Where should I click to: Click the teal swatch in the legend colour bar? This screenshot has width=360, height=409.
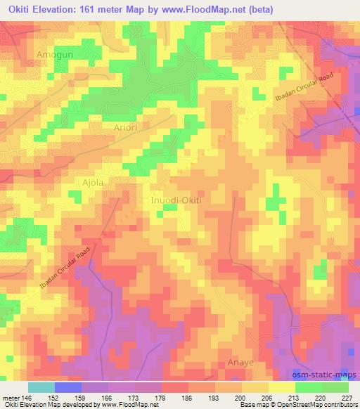click(x=41, y=387)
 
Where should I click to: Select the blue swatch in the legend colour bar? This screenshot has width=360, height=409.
click(x=68, y=387)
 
